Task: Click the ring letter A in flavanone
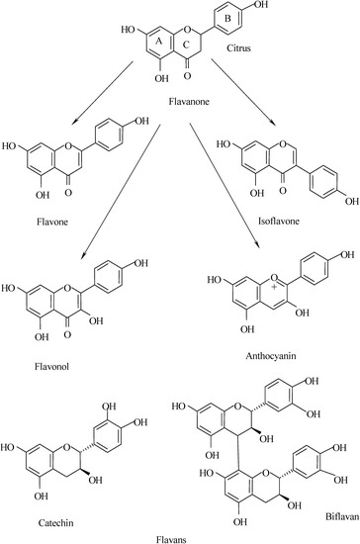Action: pyautogui.click(x=159, y=41)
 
